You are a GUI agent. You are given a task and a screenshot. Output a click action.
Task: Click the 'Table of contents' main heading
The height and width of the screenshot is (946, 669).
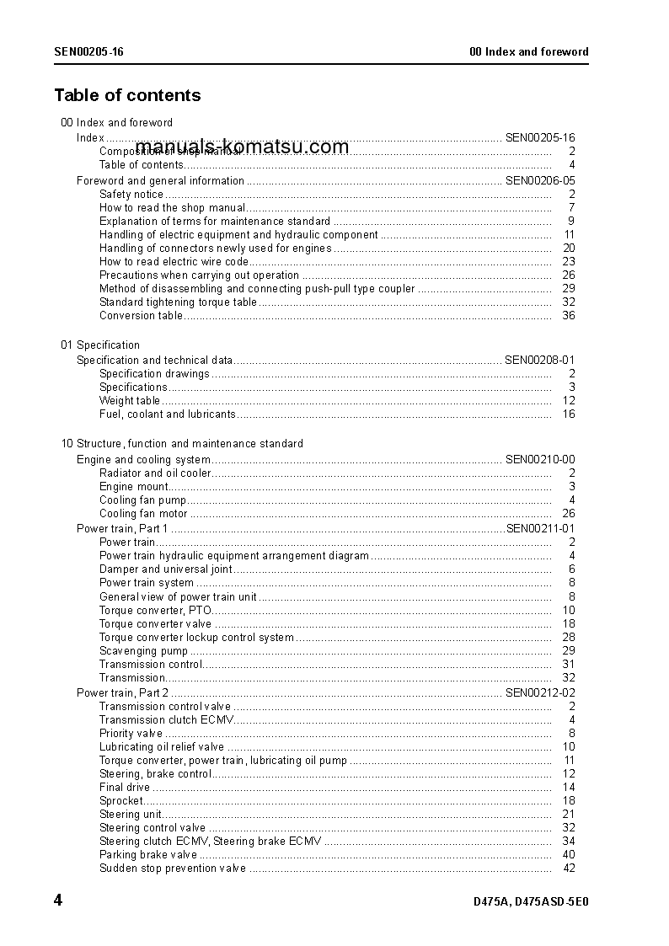pos(127,95)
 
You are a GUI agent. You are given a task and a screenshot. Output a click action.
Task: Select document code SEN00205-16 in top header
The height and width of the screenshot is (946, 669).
pos(89,51)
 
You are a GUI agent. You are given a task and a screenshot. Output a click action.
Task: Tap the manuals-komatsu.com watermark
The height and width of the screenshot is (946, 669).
pos(241,147)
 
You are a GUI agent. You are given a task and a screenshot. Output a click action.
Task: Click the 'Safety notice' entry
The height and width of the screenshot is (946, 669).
pos(131,194)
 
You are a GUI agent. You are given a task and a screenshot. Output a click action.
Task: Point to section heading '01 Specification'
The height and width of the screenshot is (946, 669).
pos(100,345)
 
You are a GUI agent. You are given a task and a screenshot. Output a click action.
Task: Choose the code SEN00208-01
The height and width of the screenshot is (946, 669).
pos(539,360)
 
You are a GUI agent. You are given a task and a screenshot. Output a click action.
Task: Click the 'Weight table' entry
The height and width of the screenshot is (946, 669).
pos(130,401)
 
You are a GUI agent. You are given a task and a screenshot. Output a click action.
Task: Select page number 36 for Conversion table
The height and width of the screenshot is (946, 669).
pos(568,316)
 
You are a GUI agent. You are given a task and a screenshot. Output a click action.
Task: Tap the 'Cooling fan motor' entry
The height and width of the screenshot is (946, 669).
pos(143,513)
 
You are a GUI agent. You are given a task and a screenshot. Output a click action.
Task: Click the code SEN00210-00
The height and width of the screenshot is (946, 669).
pos(539,459)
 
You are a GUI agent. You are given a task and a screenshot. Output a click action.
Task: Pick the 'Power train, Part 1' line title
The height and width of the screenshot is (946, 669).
pos(122,528)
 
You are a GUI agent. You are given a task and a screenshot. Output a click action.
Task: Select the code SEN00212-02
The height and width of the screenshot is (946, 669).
pos(539,692)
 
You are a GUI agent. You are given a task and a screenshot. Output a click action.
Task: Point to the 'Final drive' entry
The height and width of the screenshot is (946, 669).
pos(125,787)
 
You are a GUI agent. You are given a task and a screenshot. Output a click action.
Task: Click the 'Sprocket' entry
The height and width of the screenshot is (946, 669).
pos(121,800)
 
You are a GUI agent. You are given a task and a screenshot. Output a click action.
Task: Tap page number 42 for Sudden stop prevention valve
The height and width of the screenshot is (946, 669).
pos(568,869)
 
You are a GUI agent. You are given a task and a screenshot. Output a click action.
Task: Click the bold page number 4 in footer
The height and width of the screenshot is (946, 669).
pos(58,901)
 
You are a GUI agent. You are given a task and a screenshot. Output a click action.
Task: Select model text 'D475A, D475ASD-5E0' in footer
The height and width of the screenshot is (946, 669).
pos(531,902)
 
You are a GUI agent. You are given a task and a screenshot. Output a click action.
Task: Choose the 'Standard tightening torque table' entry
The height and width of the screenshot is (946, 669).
pos(178,302)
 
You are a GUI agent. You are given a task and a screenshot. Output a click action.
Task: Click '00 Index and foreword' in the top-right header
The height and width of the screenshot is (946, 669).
pos(528,51)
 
